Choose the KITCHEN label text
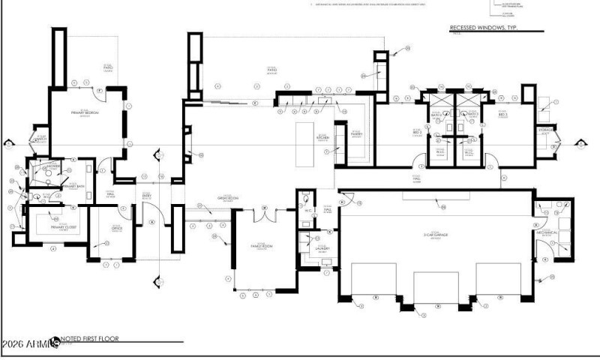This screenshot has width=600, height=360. point(323,138)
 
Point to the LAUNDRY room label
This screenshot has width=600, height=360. point(322,247)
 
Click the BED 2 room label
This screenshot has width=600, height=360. point(418,133)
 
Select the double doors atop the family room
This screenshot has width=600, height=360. point(263,215)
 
